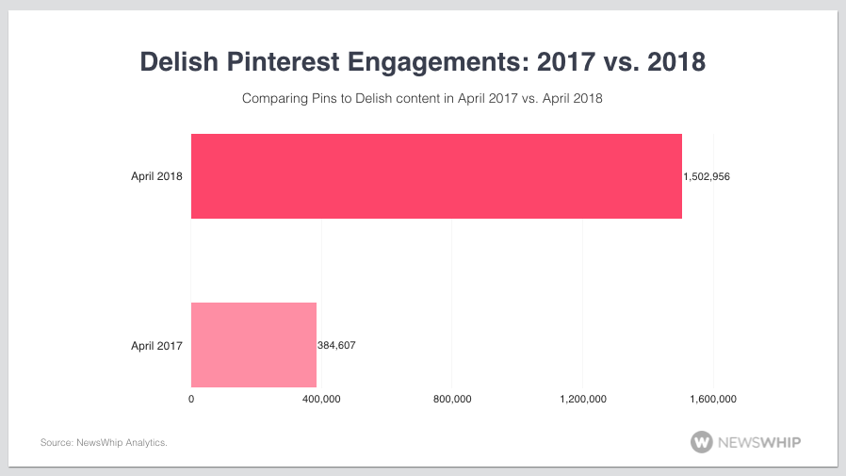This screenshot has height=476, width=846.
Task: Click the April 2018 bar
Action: click(436, 176)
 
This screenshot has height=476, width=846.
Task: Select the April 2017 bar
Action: click(253, 345)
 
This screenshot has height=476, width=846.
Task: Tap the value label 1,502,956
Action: click(707, 176)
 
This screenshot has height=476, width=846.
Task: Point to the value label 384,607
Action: click(336, 345)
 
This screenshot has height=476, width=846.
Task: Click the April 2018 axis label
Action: click(156, 176)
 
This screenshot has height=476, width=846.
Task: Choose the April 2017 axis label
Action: click(156, 345)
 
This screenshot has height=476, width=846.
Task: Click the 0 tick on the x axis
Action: click(191, 400)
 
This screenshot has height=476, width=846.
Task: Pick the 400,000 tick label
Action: click(322, 400)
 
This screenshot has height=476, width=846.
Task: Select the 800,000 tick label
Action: click(452, 400)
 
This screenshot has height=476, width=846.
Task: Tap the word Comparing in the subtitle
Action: click(272, 98)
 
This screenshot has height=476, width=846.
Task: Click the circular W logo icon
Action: click(701, 441)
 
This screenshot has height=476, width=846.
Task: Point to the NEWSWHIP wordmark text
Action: click(760, 441)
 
